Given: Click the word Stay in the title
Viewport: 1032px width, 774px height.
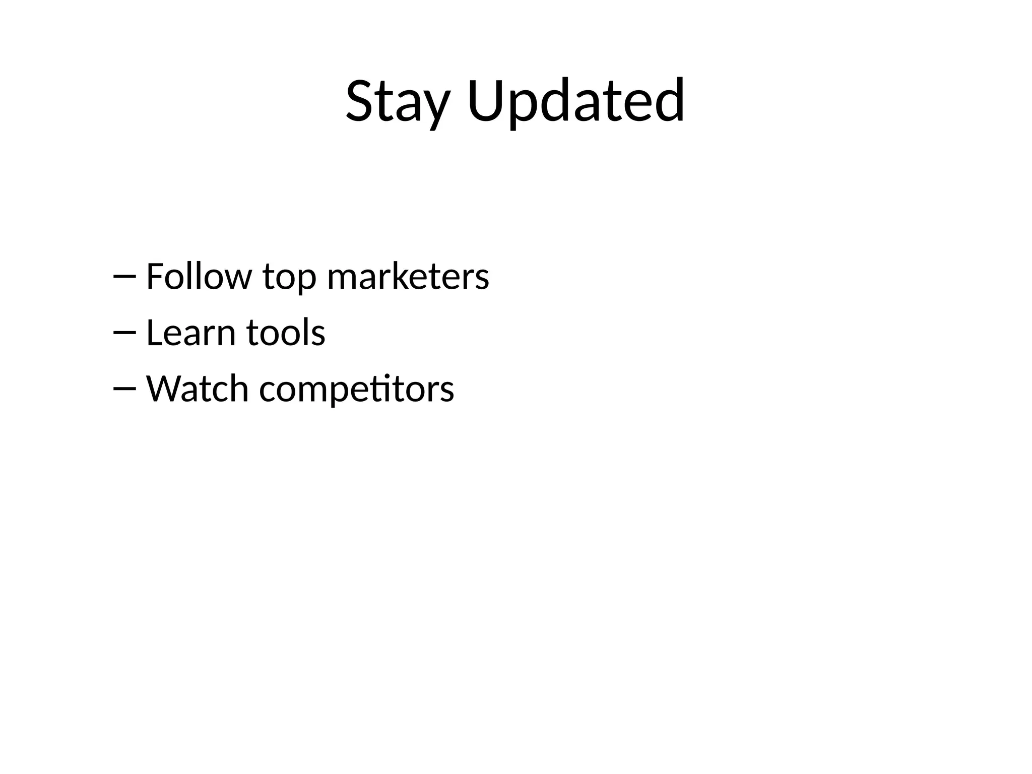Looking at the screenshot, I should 397,101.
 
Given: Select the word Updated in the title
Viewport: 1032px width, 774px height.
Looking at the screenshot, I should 576,101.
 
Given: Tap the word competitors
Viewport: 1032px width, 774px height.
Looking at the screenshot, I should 356,390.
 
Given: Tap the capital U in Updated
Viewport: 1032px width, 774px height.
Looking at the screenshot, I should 486,101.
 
